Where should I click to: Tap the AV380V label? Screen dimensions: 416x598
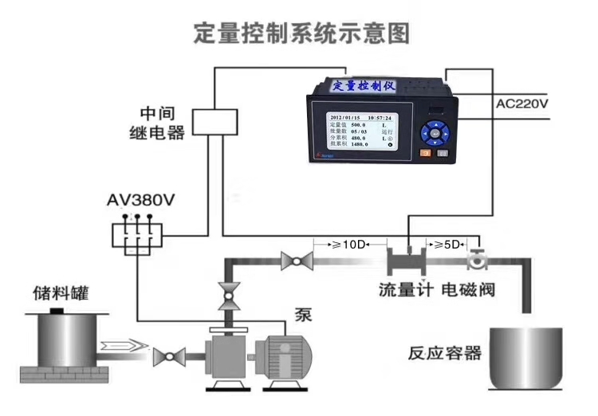pos(140,200)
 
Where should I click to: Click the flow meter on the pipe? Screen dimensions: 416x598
pos(408,259)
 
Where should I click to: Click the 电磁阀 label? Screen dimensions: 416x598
pos(468,288)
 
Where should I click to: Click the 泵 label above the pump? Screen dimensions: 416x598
pos(303,314)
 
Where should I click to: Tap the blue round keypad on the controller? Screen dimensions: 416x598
pos(435,130)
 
